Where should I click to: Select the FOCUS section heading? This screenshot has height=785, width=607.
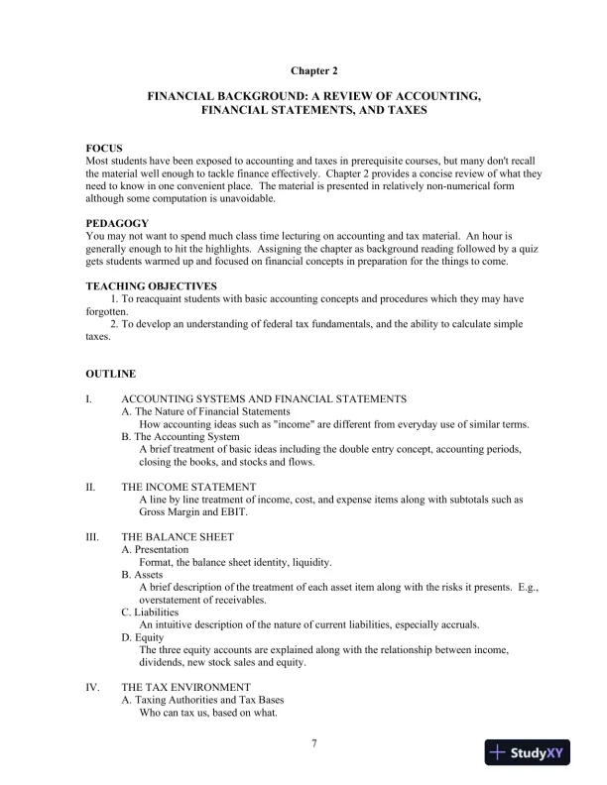click(x=104, y=148)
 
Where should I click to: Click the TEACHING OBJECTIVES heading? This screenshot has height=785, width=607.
click(x=151, y=286)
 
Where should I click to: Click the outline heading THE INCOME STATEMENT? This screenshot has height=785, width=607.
click(x=188, y=487)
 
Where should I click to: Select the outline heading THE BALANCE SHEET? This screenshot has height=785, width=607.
click(x=178, y=537)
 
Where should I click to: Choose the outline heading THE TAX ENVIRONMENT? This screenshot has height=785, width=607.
click(x=186, y=687)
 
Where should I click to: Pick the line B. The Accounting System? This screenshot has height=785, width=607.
click(x=181, y=436)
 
